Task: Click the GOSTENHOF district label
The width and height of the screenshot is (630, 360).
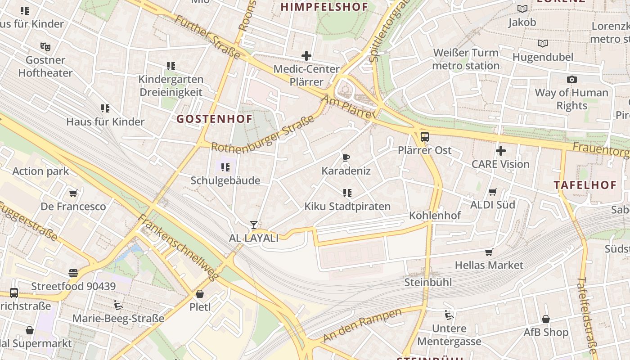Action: click(x=214, y=119)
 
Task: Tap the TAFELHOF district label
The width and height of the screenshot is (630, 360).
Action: click(x=585, y=185)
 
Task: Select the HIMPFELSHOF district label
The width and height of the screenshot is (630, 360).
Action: click(x=324, y=7)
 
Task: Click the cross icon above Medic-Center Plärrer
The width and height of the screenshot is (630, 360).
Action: click(x=306, y=56)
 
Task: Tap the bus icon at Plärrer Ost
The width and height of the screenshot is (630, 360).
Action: click(x=424, y=137)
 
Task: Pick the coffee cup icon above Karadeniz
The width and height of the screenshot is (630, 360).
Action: click(x=346, y=157)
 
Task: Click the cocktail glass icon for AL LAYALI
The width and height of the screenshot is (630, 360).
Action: click(x=254, y=225)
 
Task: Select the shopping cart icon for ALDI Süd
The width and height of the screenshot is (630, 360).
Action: click(x=493, y=192)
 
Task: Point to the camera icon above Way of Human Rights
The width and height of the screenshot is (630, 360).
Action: click(x=571, y=80)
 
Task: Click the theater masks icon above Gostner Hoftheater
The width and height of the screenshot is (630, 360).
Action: click(x=45, y=46)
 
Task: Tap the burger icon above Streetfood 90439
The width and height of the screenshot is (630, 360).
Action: click(x=73, y=273)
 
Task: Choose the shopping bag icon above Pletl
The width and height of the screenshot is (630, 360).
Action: click(x=200, y=294)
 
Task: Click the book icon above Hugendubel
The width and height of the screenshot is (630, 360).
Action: click(x=543, y=44)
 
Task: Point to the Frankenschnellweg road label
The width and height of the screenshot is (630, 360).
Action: click(x=179, y=247)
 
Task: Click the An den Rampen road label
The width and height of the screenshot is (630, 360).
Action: click(x=362, y=325)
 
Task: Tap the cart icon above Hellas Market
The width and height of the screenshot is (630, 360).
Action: click(x=489, y=252)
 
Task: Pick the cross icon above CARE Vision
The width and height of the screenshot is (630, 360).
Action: click(x=500, y=151)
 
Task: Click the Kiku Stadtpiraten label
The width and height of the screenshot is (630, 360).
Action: click(x=347, y=207)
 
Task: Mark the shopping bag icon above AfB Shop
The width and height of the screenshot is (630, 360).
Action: click(x=545, y=319)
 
